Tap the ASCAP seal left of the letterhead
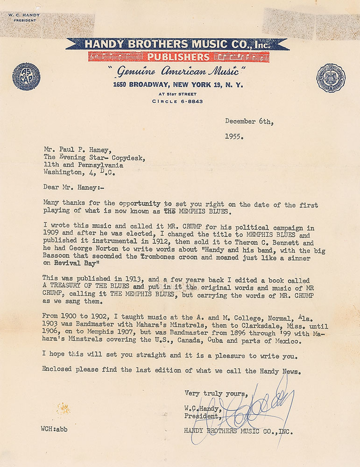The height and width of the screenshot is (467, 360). pos(26,76)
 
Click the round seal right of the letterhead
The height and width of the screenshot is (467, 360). pos(331,78)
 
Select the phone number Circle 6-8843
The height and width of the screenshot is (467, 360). pos(177,102)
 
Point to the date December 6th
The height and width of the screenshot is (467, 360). pos(249,121)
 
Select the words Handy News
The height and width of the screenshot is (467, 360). pos(271,372)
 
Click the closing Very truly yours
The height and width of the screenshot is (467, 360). pos(216,393)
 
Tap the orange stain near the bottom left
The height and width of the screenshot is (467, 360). pos(64,409)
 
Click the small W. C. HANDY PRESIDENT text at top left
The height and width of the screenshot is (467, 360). pos(24,17)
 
